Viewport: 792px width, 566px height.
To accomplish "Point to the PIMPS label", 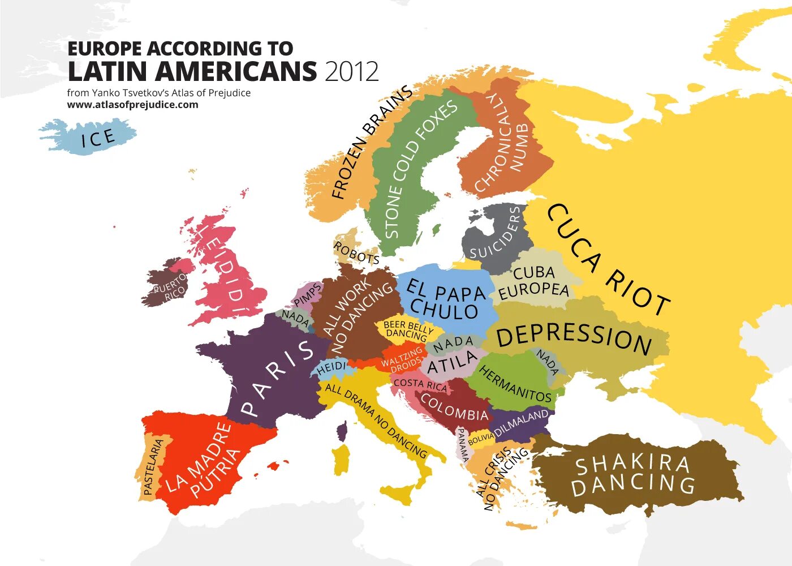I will coord(308,295).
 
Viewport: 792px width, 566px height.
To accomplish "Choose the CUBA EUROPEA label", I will coord(533,281).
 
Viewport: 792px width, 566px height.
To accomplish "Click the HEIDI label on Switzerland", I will coord(331,368).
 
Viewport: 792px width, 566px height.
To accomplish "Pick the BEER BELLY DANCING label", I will coord(407,330).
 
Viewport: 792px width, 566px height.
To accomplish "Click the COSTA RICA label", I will coord(420,385).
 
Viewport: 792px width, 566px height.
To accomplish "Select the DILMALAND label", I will coord(522,423).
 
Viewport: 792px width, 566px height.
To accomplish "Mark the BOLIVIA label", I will coord(481,439).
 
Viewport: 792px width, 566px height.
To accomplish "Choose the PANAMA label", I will coord(463,445).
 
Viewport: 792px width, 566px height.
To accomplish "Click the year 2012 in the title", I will coord(351,72).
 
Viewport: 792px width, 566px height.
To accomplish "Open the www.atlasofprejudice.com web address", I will coord(132,105).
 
